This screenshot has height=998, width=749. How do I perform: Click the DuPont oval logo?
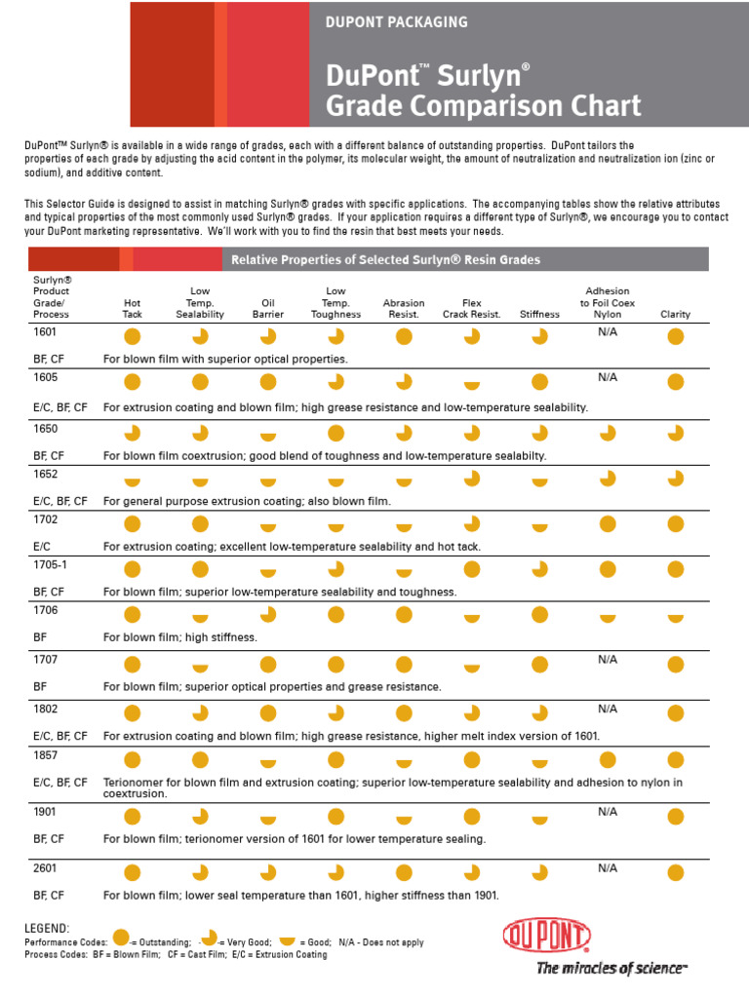pyautogui.click(x=547, y=936)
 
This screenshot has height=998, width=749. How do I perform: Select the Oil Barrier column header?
pyautogui.click(x=268, y=309)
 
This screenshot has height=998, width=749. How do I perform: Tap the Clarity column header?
pyautogui.click(x=675, y=315)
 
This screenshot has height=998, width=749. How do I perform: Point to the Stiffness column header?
pyautogui.click(x=539, y=315)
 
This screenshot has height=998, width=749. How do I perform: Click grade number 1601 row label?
pyautogui.click(x=45, y=331)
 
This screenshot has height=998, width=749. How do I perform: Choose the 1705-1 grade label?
pyautogui.click(x=50, y=564)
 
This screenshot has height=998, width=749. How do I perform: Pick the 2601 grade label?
pyautogui.click(x=45, y=868)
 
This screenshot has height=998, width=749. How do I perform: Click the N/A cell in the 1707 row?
pyautogui.click(x=608, y=660)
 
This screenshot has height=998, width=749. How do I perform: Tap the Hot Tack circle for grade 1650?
pyautogui.click(x=132, y=433)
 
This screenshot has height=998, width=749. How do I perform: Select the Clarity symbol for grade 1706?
pyautogui.click(x=676, y=618)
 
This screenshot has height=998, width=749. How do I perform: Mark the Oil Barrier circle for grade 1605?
pyautogui.click(x=268, y=382)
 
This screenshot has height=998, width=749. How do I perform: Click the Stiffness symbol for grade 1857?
pyautogui.click(x=540, y=763)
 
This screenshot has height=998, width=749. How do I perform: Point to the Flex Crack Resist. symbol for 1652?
pyautogui.click(x=472, y=479)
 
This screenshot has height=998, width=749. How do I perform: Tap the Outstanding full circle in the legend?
pyautogui.click(x=121, y=937)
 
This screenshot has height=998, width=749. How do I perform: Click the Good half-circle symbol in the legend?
pyautogui.click(x=288, y=940)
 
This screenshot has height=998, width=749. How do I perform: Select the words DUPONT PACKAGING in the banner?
pyautogui.click(x=396, y=22)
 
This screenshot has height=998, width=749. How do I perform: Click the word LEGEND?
pyautogui.click(x=47, y=929)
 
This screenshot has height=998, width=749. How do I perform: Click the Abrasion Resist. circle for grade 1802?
pyautogui.click(x=404, y=713)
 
